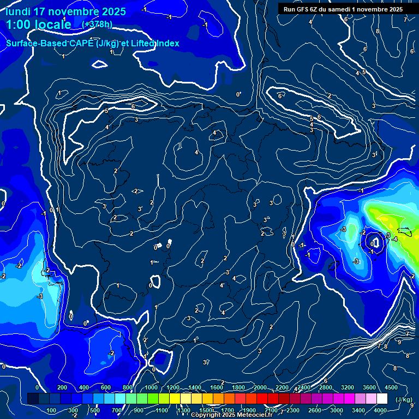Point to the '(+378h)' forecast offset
tap(98, 24)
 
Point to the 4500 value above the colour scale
tap(391, 387)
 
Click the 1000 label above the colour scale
tap(151, 387)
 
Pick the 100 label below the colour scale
tap(52, 410)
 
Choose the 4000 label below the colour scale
tap(380, 410)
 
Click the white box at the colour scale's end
tap(382, 399)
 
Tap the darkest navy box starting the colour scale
tap(33, 399)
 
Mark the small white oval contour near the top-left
tap(99, 64)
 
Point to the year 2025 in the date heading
tap(113, 11)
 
